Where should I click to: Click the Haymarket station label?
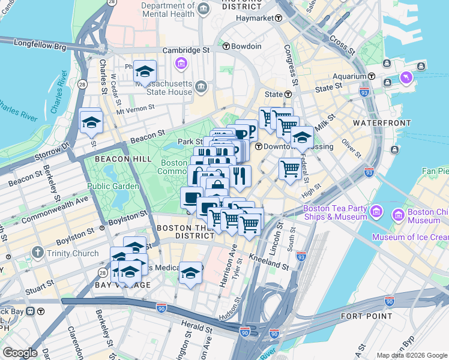[x=255, y=19]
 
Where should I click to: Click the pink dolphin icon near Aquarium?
[x=408, y=78]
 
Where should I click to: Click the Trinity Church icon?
[x=38, y=253]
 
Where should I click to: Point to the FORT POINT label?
[x=366, y=316]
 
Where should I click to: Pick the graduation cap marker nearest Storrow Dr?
[x=91, y=122]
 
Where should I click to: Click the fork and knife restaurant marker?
[x=239, y=175]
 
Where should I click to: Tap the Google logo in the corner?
[x=20, y=353]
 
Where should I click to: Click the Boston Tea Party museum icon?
[x=376, y=212]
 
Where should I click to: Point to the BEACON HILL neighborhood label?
[x=107, y=158]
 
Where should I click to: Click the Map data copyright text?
[x=412, y=355]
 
